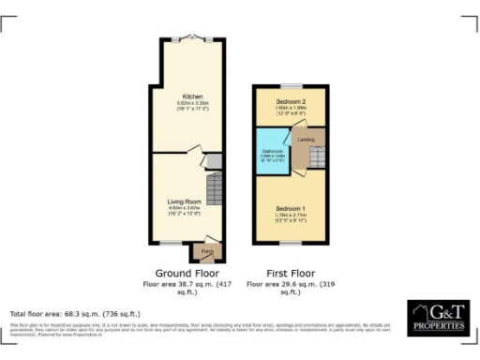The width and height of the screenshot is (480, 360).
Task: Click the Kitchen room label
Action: pos(185,96)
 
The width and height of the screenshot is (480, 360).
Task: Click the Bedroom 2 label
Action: pos(292,99)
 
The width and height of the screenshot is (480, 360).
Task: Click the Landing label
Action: pos(306,139)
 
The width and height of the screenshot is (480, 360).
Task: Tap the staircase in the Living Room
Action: pos(214,192)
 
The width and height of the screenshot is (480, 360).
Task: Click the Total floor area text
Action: pos(75,312)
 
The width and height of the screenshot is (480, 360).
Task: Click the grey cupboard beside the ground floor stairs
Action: pos(213,162)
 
